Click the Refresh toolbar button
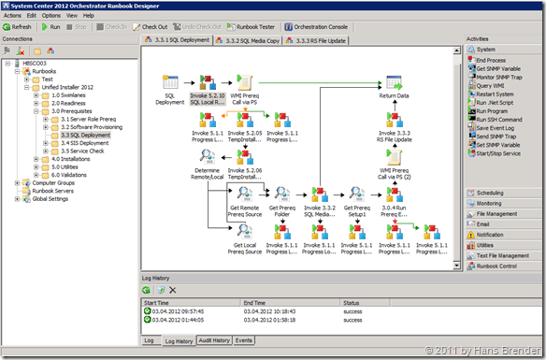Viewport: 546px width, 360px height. click(x=19, y=27)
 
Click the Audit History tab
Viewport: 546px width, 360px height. click(x=213, y=340)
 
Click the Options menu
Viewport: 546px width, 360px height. click(x=50, y=16)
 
